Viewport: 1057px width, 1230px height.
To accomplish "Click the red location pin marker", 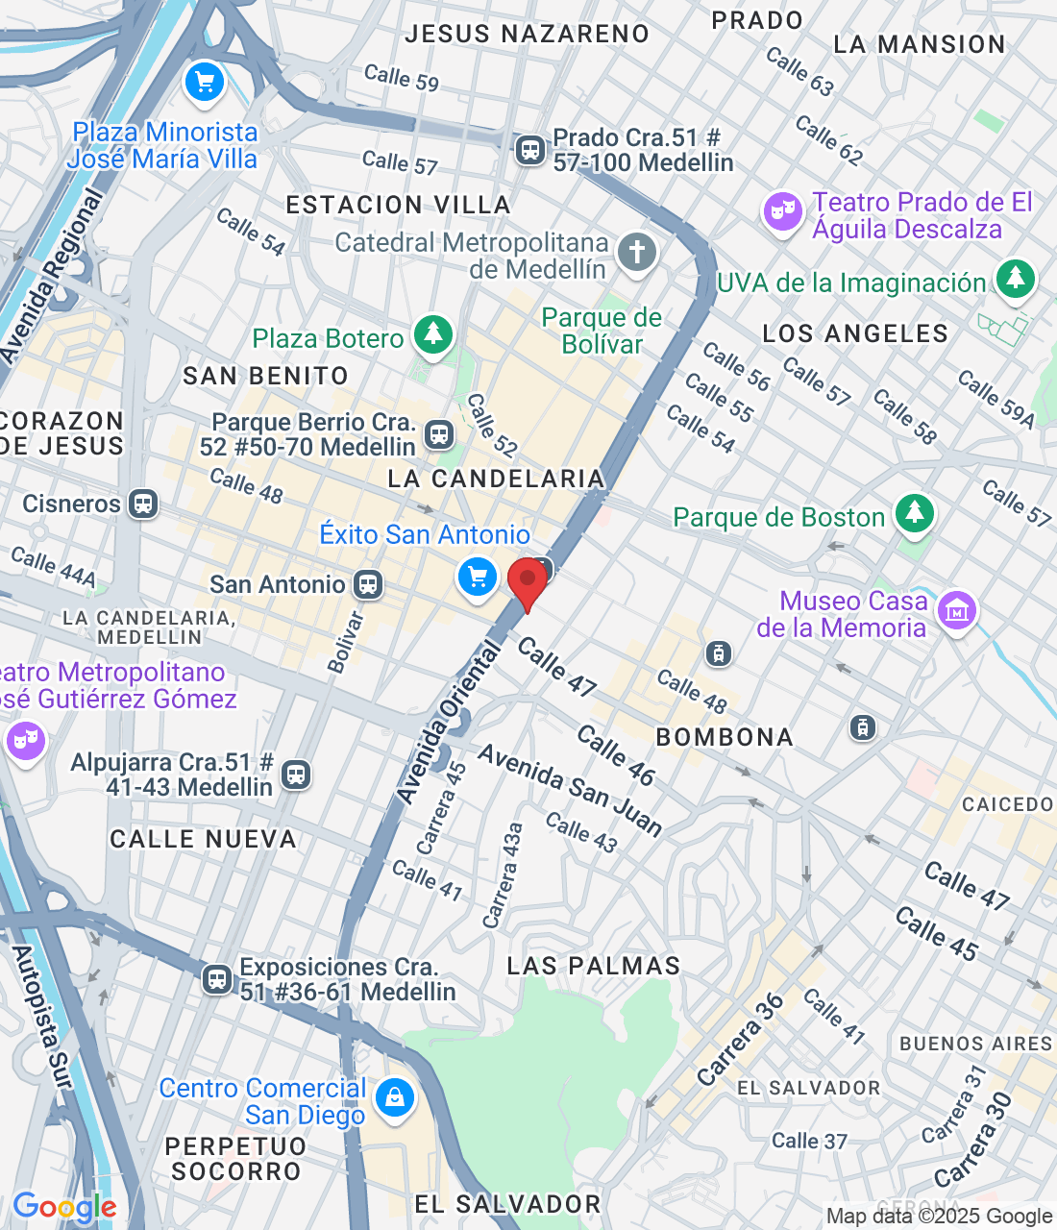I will [x=527, y=582].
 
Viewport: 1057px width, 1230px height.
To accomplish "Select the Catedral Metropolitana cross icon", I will [x=636, y=253].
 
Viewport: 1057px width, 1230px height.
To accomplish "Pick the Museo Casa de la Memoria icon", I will [x=957, y=611].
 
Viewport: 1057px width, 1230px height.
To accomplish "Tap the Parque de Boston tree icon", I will [x=914, y=513].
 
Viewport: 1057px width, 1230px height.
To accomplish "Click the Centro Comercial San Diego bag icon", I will [x=394, y=1097].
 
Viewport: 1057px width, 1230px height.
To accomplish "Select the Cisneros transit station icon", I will [x=143, y=504].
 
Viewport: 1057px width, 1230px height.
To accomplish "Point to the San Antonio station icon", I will [x=367, y=584].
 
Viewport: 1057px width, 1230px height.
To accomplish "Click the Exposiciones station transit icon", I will [x=217, y=979].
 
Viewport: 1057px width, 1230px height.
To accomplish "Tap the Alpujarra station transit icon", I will [x=296, y=775].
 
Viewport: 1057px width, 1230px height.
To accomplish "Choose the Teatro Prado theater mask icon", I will [x=782, y=210].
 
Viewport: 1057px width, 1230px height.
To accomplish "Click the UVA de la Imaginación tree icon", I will [x=1015, y=279].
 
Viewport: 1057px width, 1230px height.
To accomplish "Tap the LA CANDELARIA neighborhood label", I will [x=496, y=479].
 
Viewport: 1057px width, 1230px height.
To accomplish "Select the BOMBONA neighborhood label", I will [x=725, y=737].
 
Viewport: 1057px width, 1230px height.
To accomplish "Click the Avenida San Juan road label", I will [x=570, y=790].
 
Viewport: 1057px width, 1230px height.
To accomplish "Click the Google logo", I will [x=64, y=1207].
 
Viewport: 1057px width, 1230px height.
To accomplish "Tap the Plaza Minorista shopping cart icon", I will [x=204, y=83].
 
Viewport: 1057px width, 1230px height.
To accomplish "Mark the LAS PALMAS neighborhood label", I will [x=593, y=966].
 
